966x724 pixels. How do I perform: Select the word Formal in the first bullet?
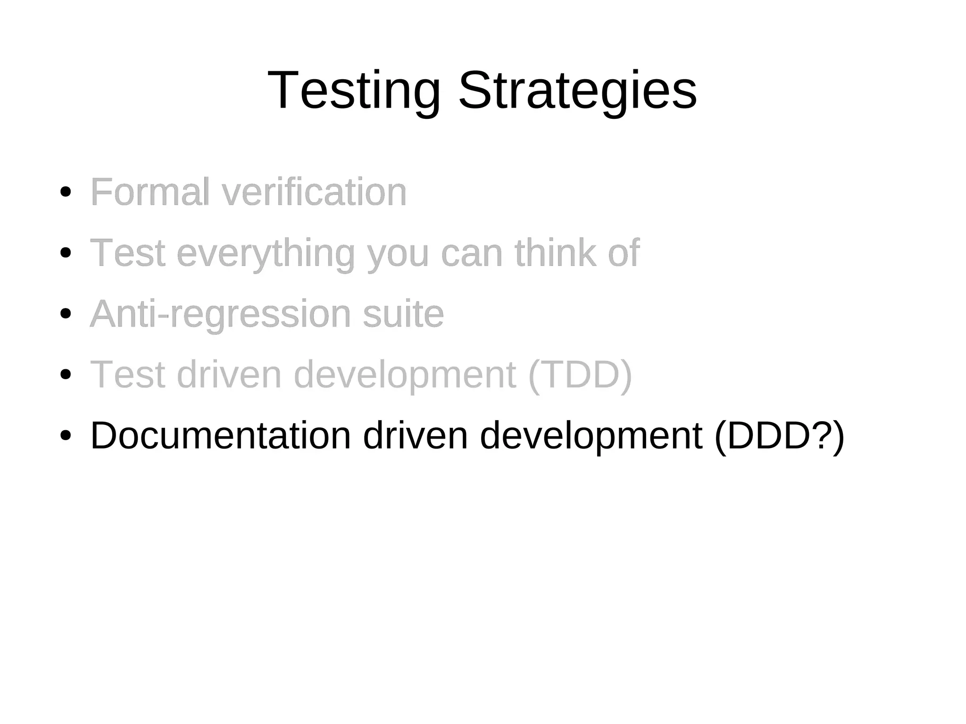150,192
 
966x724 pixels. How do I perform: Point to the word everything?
266,253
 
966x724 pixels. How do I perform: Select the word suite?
403,314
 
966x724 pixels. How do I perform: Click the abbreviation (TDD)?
580,374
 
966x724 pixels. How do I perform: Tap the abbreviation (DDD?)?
779,435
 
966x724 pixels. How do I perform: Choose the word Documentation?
220,435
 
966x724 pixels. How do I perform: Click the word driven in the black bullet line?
415,435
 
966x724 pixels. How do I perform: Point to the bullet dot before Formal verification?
66,192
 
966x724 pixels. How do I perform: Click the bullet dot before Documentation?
66,435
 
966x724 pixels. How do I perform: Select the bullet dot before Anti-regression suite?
66,314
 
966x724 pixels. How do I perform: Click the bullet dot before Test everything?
66,253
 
